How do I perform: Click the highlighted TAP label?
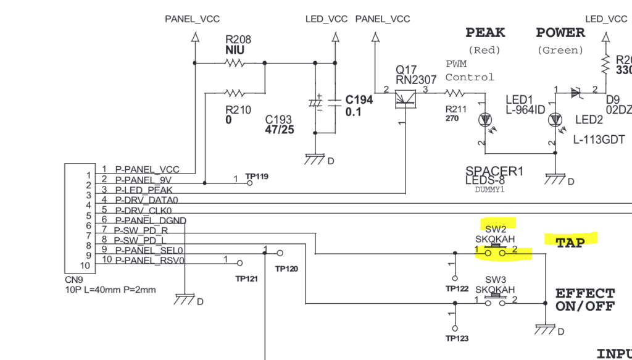click(570, 243)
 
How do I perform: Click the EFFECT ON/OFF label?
click(584, 299)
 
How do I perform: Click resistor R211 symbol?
click(454, 93)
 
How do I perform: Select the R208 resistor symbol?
click(234, 62)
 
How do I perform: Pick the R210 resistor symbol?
click(234, 93)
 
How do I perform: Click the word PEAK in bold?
click(485, 33)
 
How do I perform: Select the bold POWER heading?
click(560, 33)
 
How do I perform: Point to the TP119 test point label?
click(257, 176)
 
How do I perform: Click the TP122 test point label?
click(457, 288)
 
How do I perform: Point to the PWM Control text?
click(470, 71)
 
